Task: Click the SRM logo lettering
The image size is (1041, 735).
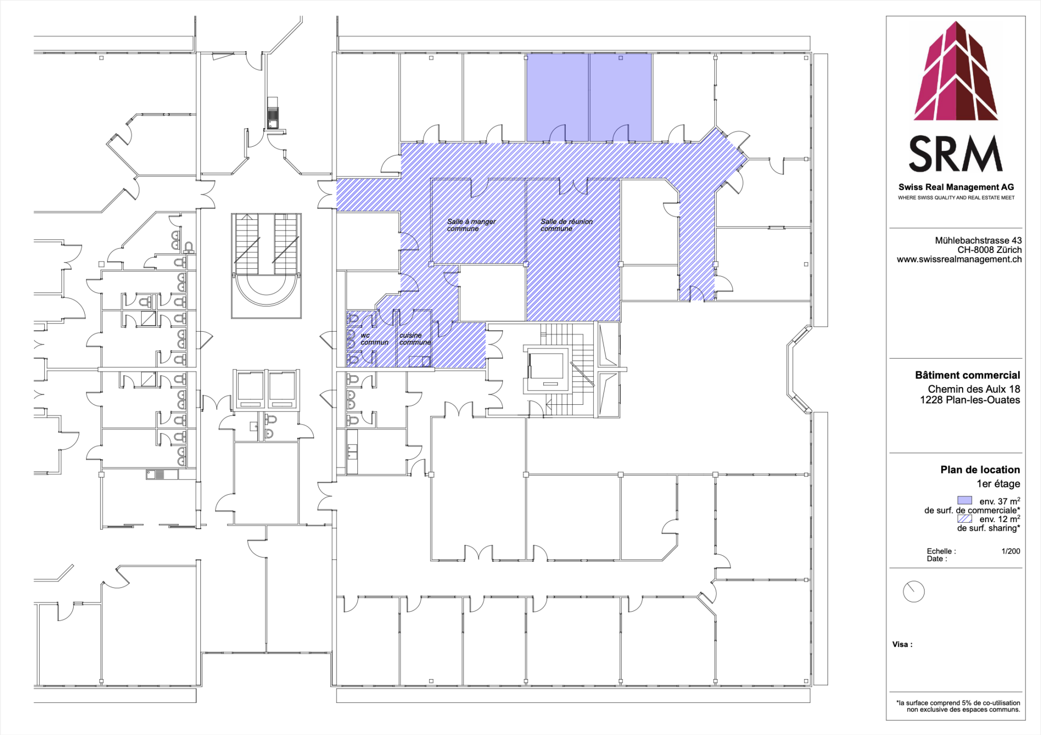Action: click(x=955, y=154)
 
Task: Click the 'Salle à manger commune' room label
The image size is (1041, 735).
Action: click(x=471, y=225)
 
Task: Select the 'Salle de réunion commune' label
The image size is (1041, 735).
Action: click(x=566, y=225)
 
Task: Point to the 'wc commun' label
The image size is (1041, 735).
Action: click(x=374, y=339)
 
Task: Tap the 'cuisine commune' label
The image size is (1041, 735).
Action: click(x=414, y=339)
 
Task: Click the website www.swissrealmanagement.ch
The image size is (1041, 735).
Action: click(x=959, y=260)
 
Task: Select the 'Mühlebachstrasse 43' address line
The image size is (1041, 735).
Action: click(x=978, y=240)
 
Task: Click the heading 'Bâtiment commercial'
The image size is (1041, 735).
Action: click(x=967, y=375)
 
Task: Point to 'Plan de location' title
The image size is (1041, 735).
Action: click(x=979, y=470)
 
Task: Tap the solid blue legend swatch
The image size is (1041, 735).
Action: click(x=964, y=500)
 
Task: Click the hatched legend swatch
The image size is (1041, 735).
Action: click(x=964, y=519)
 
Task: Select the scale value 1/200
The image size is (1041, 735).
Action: click(x=1011, y=551)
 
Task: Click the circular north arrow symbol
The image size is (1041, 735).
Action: click(x=913, y=592)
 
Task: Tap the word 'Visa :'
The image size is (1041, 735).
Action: click(x=902, y=645)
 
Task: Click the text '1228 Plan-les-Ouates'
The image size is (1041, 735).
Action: click(x=969, y=400)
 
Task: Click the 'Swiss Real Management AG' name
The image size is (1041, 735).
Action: click(x=956, y=187)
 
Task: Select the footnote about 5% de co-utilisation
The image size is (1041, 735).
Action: click(x=958, y=706)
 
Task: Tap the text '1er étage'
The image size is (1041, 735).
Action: click(x=998, y=484)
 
